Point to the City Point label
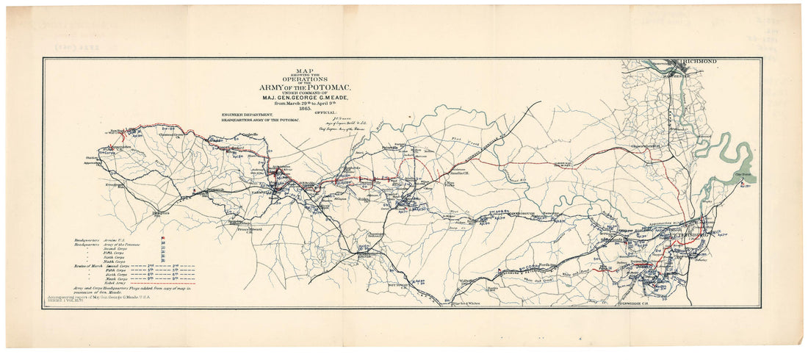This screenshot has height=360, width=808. [746, 174]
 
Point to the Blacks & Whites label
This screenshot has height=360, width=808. [450, 302]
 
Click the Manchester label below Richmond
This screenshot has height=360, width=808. [674, 74]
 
